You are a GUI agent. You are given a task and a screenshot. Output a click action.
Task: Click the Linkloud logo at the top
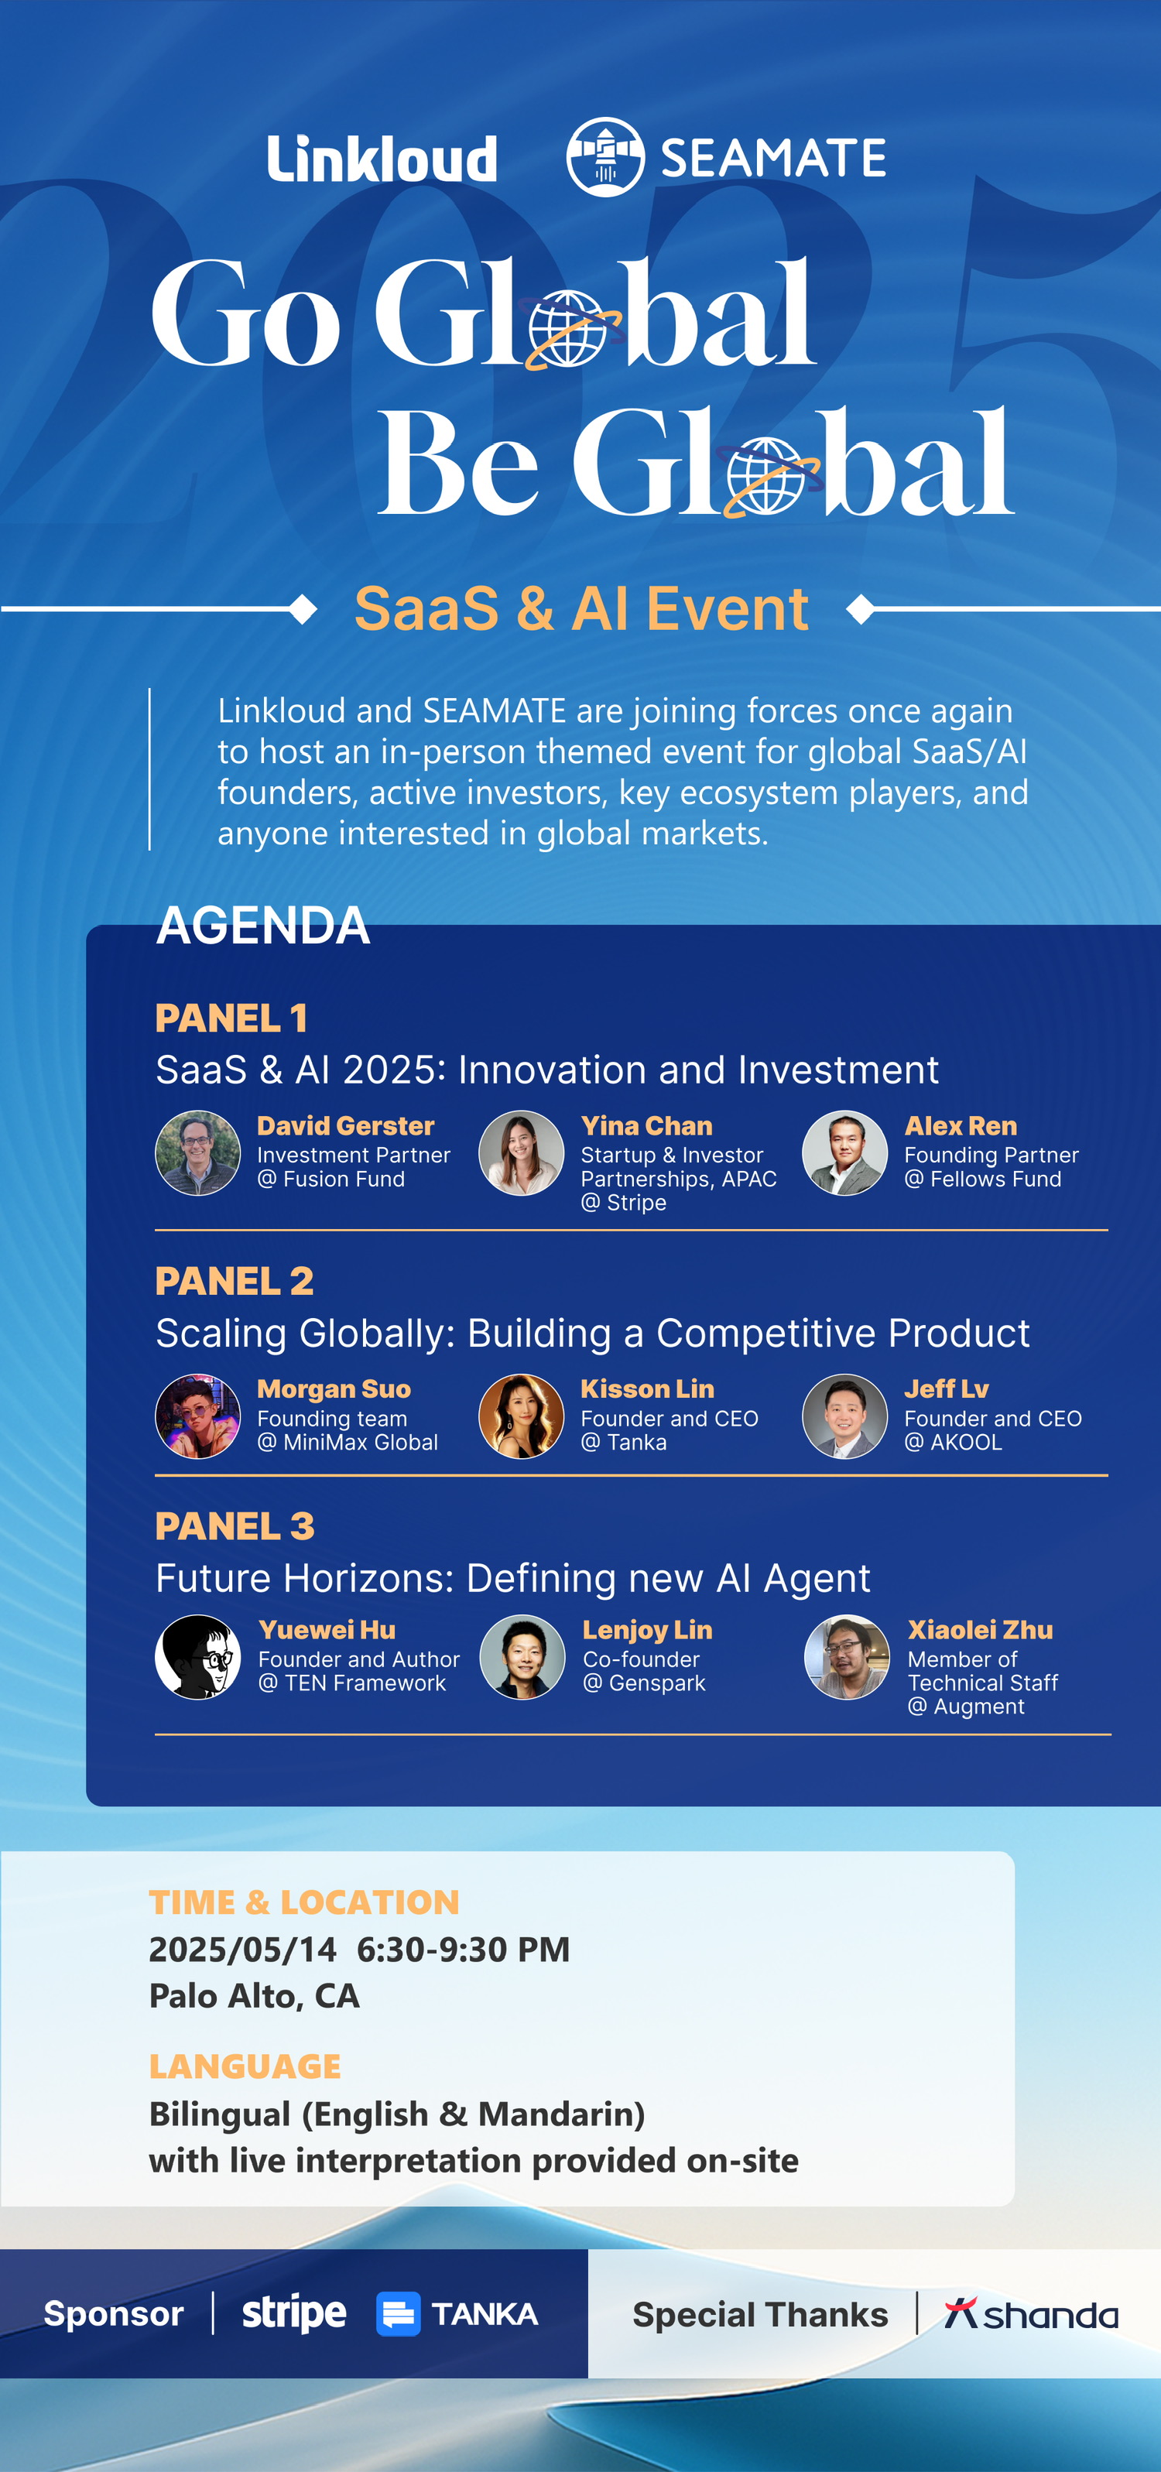point(382,159)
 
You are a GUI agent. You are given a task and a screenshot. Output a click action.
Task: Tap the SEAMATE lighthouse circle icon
point(604,157)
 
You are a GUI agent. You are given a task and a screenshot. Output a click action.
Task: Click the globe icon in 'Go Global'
point(569,329)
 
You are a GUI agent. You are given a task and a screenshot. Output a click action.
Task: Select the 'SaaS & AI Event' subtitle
point(581,608)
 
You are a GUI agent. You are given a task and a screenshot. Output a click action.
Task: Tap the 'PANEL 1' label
point(231,1019)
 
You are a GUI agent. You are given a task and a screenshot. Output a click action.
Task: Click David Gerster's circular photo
point(197,1152)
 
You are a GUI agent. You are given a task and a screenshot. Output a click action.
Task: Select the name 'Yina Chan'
point(647,1125)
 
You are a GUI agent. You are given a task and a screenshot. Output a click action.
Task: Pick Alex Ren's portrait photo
point(844,1152)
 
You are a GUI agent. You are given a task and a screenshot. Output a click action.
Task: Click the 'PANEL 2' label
point(234,1281)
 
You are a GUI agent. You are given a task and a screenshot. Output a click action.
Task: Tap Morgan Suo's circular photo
point(197,1416)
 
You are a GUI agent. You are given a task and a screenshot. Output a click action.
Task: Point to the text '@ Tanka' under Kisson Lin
point(624,1443)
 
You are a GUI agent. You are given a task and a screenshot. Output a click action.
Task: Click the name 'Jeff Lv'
point(946,1388)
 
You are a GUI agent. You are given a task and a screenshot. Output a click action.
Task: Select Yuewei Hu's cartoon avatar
point(197,1657)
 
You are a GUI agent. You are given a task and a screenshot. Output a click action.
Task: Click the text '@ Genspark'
point(644,1683)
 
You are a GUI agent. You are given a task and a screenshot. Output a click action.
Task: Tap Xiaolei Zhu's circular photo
point(846,1657)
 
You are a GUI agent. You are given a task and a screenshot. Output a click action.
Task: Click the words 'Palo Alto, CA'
point(255,1996)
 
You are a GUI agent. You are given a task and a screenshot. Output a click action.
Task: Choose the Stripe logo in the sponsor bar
point(293,2313)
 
